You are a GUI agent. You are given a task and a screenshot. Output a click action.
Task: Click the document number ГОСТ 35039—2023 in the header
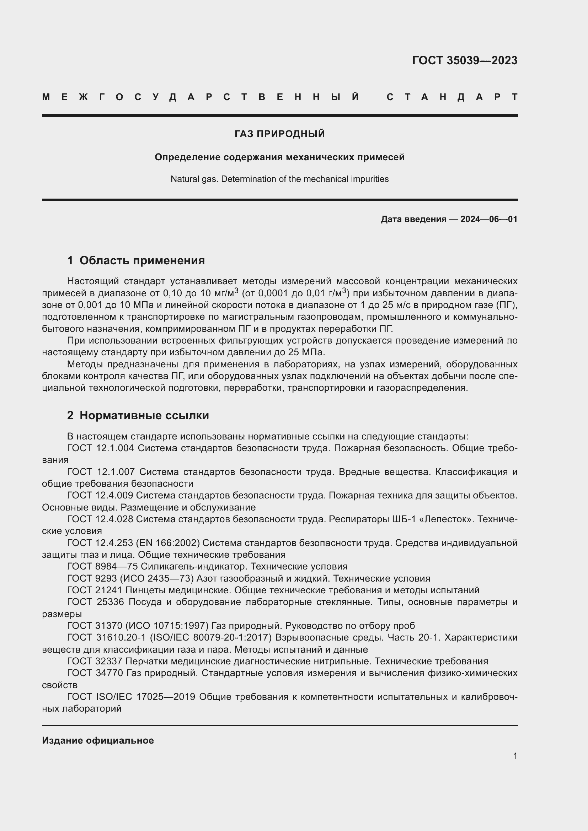[465, 60]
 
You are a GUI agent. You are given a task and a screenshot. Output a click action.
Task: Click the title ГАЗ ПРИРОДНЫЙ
[279, 134]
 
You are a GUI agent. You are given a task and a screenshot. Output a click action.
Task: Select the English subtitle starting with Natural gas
[279, 179]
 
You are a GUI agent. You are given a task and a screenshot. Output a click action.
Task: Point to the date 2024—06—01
[489, 219]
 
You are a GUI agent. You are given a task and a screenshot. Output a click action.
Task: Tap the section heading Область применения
[142, 260]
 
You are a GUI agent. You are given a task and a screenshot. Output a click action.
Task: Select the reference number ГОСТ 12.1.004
[100, 448]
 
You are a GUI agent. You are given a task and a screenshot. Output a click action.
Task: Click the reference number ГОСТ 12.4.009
[100, 495]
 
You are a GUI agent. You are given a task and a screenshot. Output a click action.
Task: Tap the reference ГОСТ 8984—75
[102, 566]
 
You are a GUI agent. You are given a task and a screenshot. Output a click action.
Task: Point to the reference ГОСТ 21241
[95, 590]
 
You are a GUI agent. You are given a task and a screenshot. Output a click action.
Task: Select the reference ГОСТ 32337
[95, 661]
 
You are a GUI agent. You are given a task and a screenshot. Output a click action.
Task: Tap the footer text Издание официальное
[98, 740]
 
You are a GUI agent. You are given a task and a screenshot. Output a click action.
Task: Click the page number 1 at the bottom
[515, 756]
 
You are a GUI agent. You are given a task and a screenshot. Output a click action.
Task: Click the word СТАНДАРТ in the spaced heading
[452, 97]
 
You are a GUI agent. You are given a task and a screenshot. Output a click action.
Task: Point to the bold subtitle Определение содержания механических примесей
[279, 157]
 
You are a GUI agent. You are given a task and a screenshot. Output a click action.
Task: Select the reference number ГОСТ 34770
[95, 673]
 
